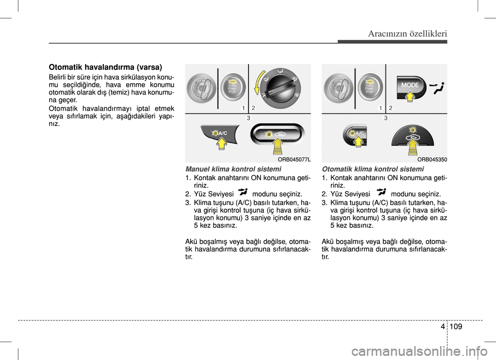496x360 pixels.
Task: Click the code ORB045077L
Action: (x=294, y=160)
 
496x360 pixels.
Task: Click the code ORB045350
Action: (x=432, y=160)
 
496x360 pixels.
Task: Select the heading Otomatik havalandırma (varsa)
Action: (x=105, y=67)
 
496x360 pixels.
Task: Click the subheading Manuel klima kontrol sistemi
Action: (x=233, y=169)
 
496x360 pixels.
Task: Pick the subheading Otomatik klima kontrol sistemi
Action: (x=373, y=169)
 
